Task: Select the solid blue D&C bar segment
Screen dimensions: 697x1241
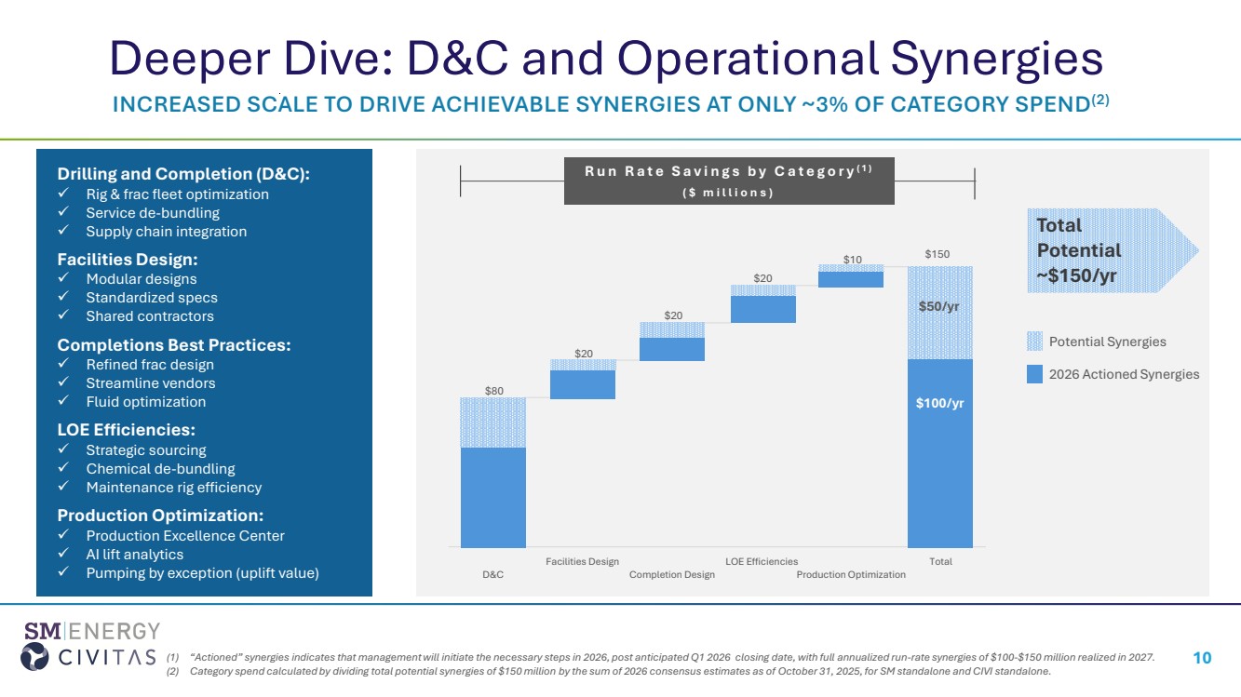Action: (492, 497)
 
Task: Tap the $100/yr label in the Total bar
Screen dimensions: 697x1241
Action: (940, 403)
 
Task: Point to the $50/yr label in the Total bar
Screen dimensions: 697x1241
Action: (940, 307)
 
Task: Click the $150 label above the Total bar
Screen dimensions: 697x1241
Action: (938, 254)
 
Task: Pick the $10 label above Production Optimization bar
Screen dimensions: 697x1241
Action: (852, 258)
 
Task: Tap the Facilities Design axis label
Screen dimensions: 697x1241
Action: (582, 561)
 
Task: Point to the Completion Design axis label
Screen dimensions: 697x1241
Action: (672, 575)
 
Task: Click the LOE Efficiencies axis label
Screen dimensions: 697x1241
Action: (762, 561)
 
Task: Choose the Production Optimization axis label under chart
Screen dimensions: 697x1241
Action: (851, 575)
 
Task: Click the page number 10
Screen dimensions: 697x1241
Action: (1202, 658)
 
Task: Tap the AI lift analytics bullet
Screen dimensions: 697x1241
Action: (134, 555)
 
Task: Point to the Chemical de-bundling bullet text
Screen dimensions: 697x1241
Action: (160, 469)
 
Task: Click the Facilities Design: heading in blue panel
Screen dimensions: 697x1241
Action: (128, 260)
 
